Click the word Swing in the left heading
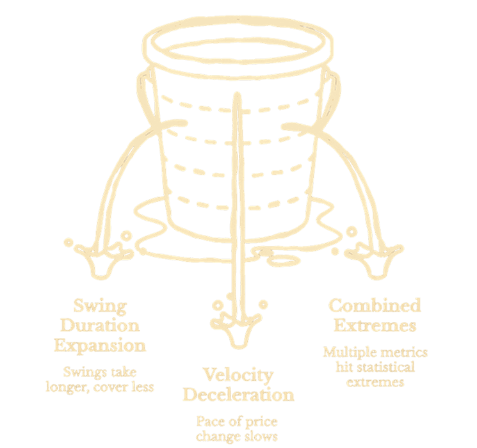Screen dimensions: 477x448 pyautogui.click(x=100, y=307)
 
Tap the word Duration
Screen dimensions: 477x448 pyautogui.click(x=100, y=326)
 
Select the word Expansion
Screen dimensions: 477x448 pyautogui.click(x=100, y=346)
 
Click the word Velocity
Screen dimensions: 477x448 pyautogui.click(x=238, y=376)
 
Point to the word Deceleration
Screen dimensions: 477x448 pyautogui.click(x=238, y=394)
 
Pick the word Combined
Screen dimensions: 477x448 pyautogui.click(x=375, y=305)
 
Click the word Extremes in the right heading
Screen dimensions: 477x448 pyautogui.click(x=375, y=325)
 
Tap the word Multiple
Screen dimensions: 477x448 pyautogui.click(x=349, y=353)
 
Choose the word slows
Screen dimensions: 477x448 pyautogui.click(x=261, y=436)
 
